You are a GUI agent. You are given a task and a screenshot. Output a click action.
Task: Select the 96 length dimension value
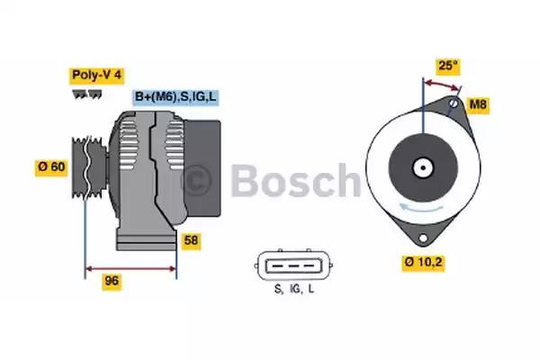112,281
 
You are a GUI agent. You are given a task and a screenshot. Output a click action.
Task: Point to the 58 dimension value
192,241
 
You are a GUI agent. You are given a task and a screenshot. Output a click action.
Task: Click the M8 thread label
480,105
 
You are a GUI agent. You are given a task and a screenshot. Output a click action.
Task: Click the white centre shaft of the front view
421,167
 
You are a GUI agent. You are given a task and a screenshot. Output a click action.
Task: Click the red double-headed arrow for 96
130,267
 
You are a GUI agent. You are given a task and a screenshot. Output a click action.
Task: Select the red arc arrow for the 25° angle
441,83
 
